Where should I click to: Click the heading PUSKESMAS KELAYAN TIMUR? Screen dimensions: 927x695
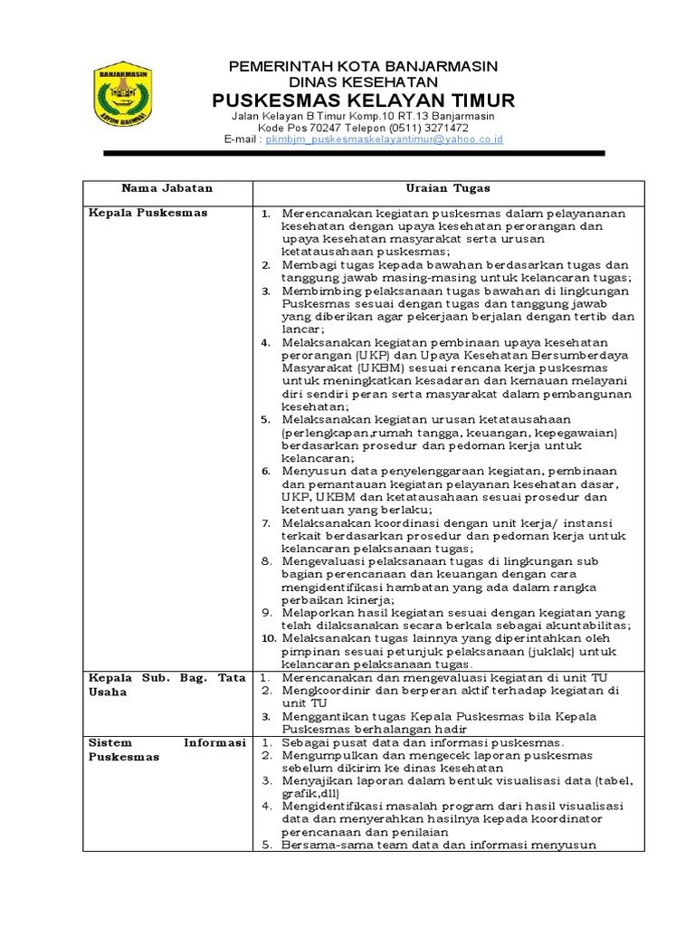(x=363, y=100)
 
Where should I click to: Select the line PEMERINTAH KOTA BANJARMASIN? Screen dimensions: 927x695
(x=363, y=66)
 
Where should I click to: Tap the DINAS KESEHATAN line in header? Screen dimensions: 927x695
(x=363, y=81)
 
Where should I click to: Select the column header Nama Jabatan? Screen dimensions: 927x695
(x=167, y=188)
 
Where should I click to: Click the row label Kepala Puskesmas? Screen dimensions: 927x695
(x=148, y=213)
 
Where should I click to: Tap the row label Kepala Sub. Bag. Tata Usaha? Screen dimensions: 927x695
(x=167, y=684)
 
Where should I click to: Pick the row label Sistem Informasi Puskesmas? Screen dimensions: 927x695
(x=167, y=749)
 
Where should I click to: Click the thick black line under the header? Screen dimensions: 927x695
(x=354, y=155)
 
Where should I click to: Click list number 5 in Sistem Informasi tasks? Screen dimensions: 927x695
(x=267, y=846)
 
